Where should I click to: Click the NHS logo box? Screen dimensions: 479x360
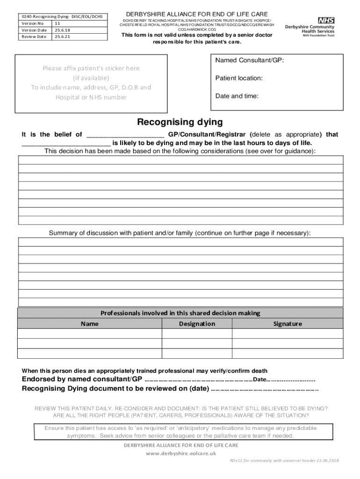point(326,20)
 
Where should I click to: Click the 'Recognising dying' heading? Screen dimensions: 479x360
point(180,123)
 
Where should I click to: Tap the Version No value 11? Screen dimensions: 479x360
point(58,23)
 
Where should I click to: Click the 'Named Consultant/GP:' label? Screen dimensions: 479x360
point(249,60)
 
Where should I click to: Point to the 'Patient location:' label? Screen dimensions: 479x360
point(238,78)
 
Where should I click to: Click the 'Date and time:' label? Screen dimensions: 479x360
point(237,96)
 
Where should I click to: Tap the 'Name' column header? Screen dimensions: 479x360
point(89,324)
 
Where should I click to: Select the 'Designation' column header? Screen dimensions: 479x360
point(197,324)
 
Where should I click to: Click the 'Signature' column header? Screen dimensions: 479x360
point(288,324)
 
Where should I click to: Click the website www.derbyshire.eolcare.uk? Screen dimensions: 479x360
point(180,453)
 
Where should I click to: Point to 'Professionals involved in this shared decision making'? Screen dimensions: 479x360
point(180,313)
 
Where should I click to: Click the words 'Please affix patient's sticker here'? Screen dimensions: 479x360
point(91,68)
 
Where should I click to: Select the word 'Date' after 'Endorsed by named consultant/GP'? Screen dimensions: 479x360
point(259,379)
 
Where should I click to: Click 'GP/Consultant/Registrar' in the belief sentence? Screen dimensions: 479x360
point(207,134)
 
